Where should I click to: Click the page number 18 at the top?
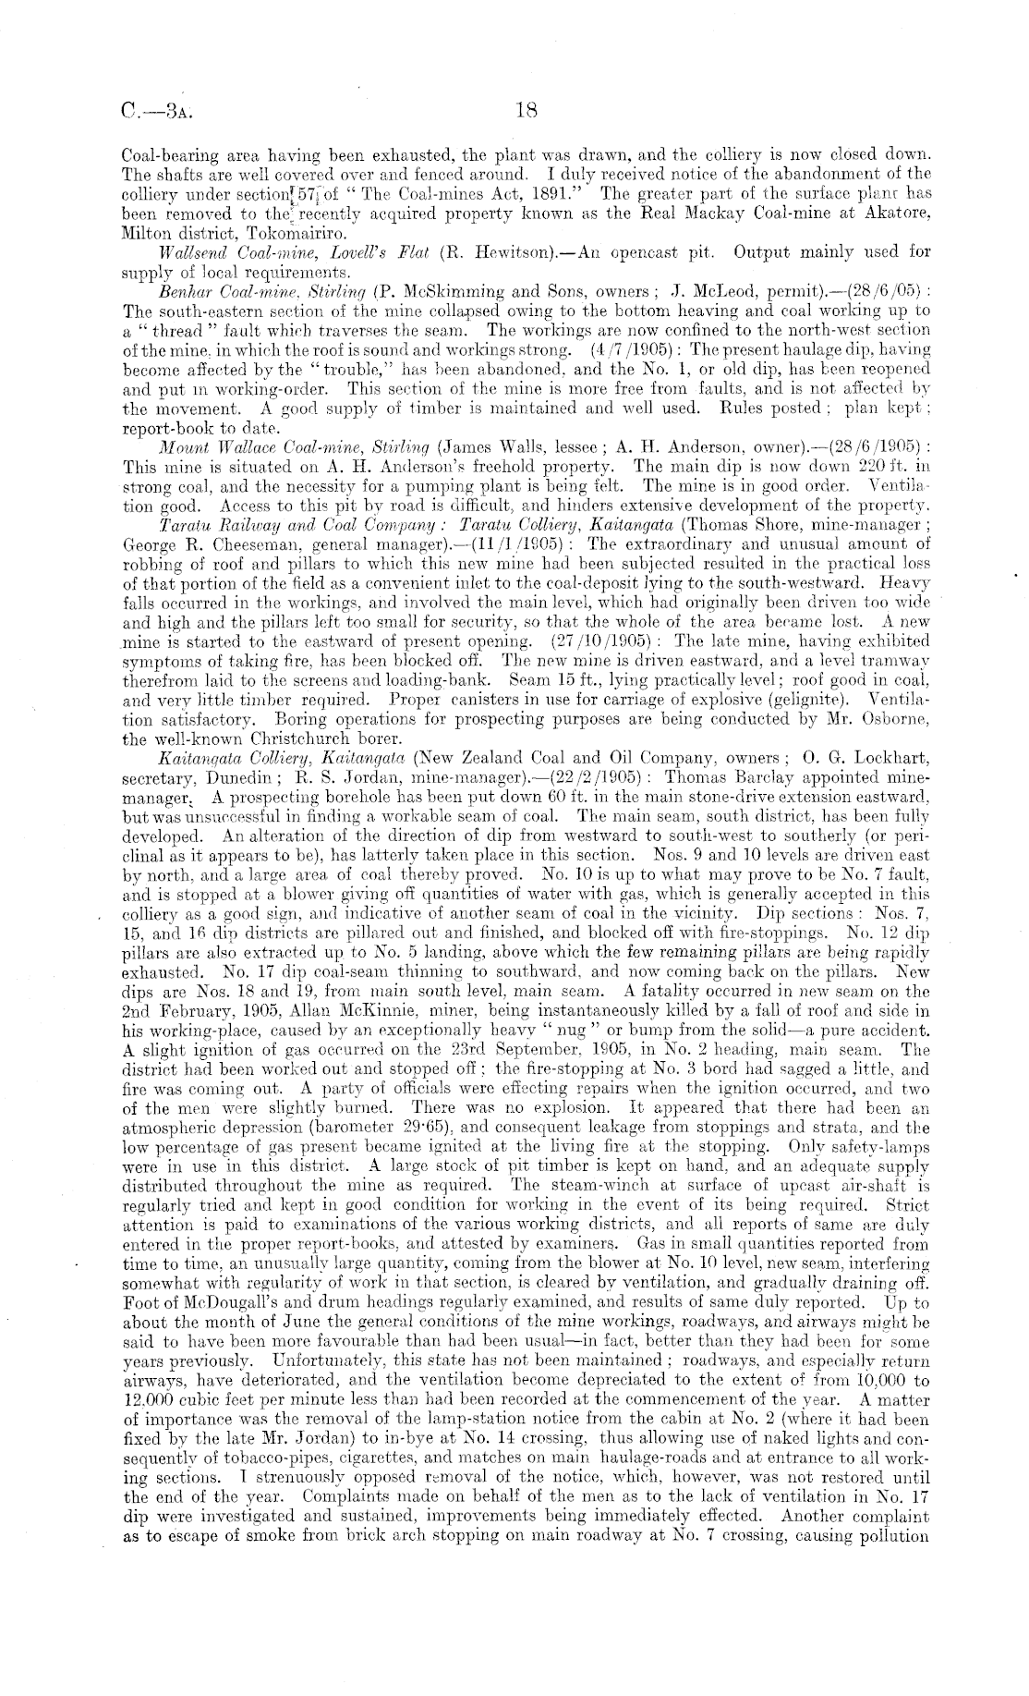[x=527, y=113]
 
